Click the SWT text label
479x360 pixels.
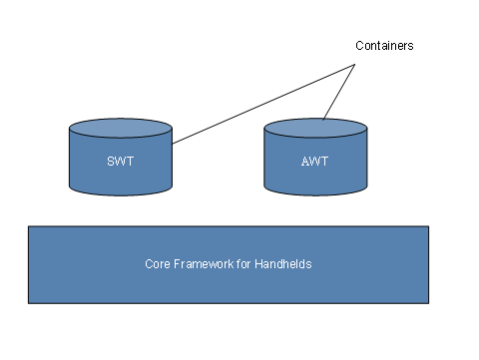pyautogui.click(x=120, y=160)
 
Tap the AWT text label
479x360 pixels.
pyautogui.click(x=314, y=160)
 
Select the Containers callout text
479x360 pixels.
pyautogui.click(x=384, y=46)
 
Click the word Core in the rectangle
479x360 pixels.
pyautogui.click(x=157, y=265)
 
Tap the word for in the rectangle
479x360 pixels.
pyautogui.click(x=239, y=265)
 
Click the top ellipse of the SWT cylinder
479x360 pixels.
pyautogui.click(x=120, y=131)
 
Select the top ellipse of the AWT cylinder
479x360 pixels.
pyautogui.click(x=314, y=131)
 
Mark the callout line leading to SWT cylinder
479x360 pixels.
pyautogui.click(x=264, y=105)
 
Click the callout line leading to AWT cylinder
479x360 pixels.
pyautogui.click(x=339, y=93)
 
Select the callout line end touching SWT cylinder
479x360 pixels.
pyautogui.click(x=173, y=144)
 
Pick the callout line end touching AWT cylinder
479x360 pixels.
pyautogui.click(x=323, y=120)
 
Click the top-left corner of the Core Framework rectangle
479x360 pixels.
pyautogui.click(x=28, y=226)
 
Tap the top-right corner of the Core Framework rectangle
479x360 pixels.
pyautogui.click(x=428, y=226)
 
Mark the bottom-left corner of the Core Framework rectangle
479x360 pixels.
pyautogui.click(x=28, y=302)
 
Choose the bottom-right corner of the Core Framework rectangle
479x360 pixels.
pyautogui.click(x=428, y=302)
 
